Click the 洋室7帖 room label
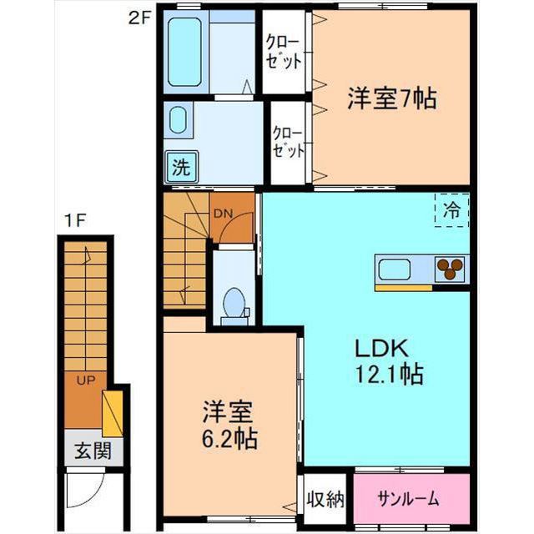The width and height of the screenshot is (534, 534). point(392,98)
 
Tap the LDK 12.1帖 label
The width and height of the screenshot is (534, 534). point(390,361)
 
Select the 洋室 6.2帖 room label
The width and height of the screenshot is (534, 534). point(229,425)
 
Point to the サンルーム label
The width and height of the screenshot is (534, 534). point(408,499)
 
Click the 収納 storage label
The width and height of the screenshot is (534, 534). point(325,500)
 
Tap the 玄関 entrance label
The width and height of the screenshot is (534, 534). point(93,451)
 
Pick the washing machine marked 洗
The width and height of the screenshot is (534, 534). point(181,167)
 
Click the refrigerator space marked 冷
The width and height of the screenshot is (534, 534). point(451,210)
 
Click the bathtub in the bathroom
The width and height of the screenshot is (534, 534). point(184,52)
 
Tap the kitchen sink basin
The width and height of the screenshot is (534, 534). point(395,270)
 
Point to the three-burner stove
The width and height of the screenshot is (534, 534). point(450,269)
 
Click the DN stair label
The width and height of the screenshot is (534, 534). point(223,214)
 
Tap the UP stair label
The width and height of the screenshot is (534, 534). point(85,380)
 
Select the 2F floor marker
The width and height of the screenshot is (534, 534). point(139,18)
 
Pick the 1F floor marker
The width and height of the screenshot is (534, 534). point(74,221)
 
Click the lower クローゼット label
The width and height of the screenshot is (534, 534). point(289,142)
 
